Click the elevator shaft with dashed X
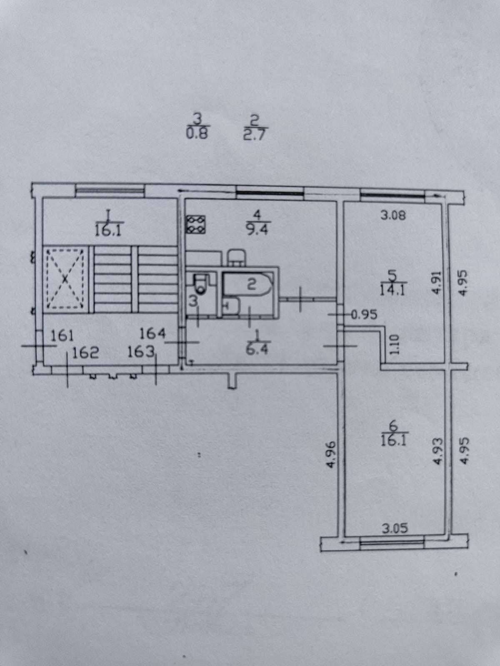[65, 278]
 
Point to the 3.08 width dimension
[393, 216]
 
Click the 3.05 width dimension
[395, 529]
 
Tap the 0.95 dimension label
[364, 314]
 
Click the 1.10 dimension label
[394, 345]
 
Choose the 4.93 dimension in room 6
[437, 451]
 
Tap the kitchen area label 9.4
[257, 229]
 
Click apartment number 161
[62, 335]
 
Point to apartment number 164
[152, 333]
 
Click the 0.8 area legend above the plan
[197, 134]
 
